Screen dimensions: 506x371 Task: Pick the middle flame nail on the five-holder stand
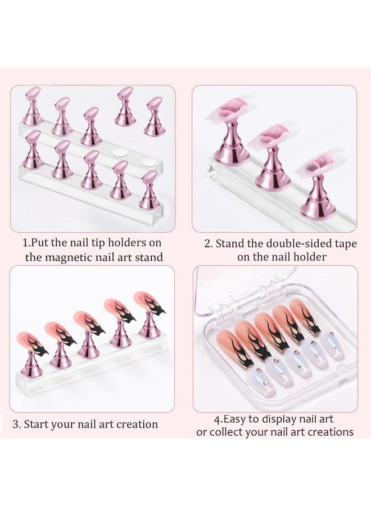click(x=90, y=321)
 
